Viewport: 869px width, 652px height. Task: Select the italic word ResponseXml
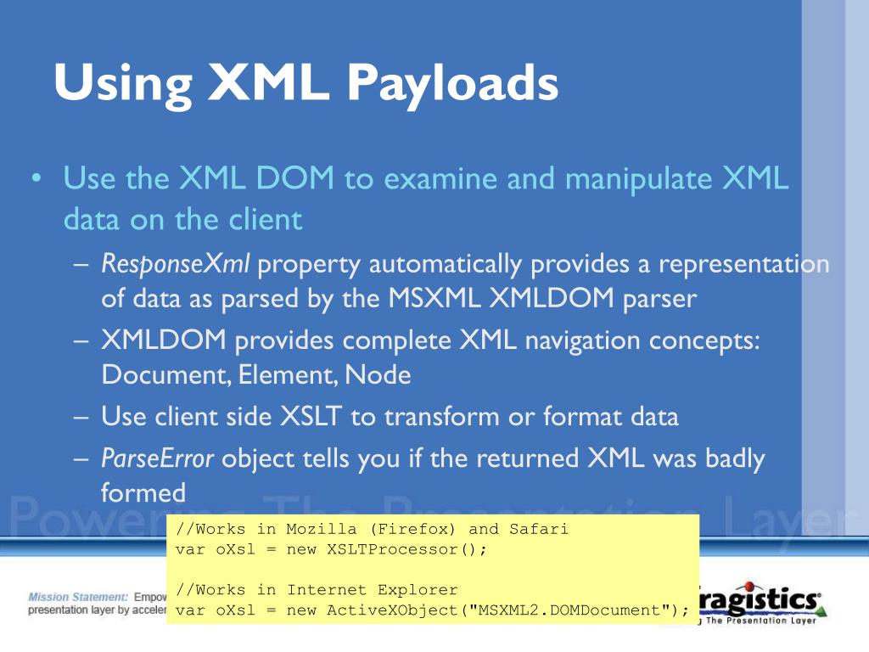tap(176, 264)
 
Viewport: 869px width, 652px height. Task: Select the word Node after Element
tap(378, 375)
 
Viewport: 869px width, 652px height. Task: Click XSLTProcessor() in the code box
tap(406, 549)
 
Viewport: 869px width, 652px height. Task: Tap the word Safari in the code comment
tap(539, 529)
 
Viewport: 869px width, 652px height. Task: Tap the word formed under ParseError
tap(143, 492)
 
